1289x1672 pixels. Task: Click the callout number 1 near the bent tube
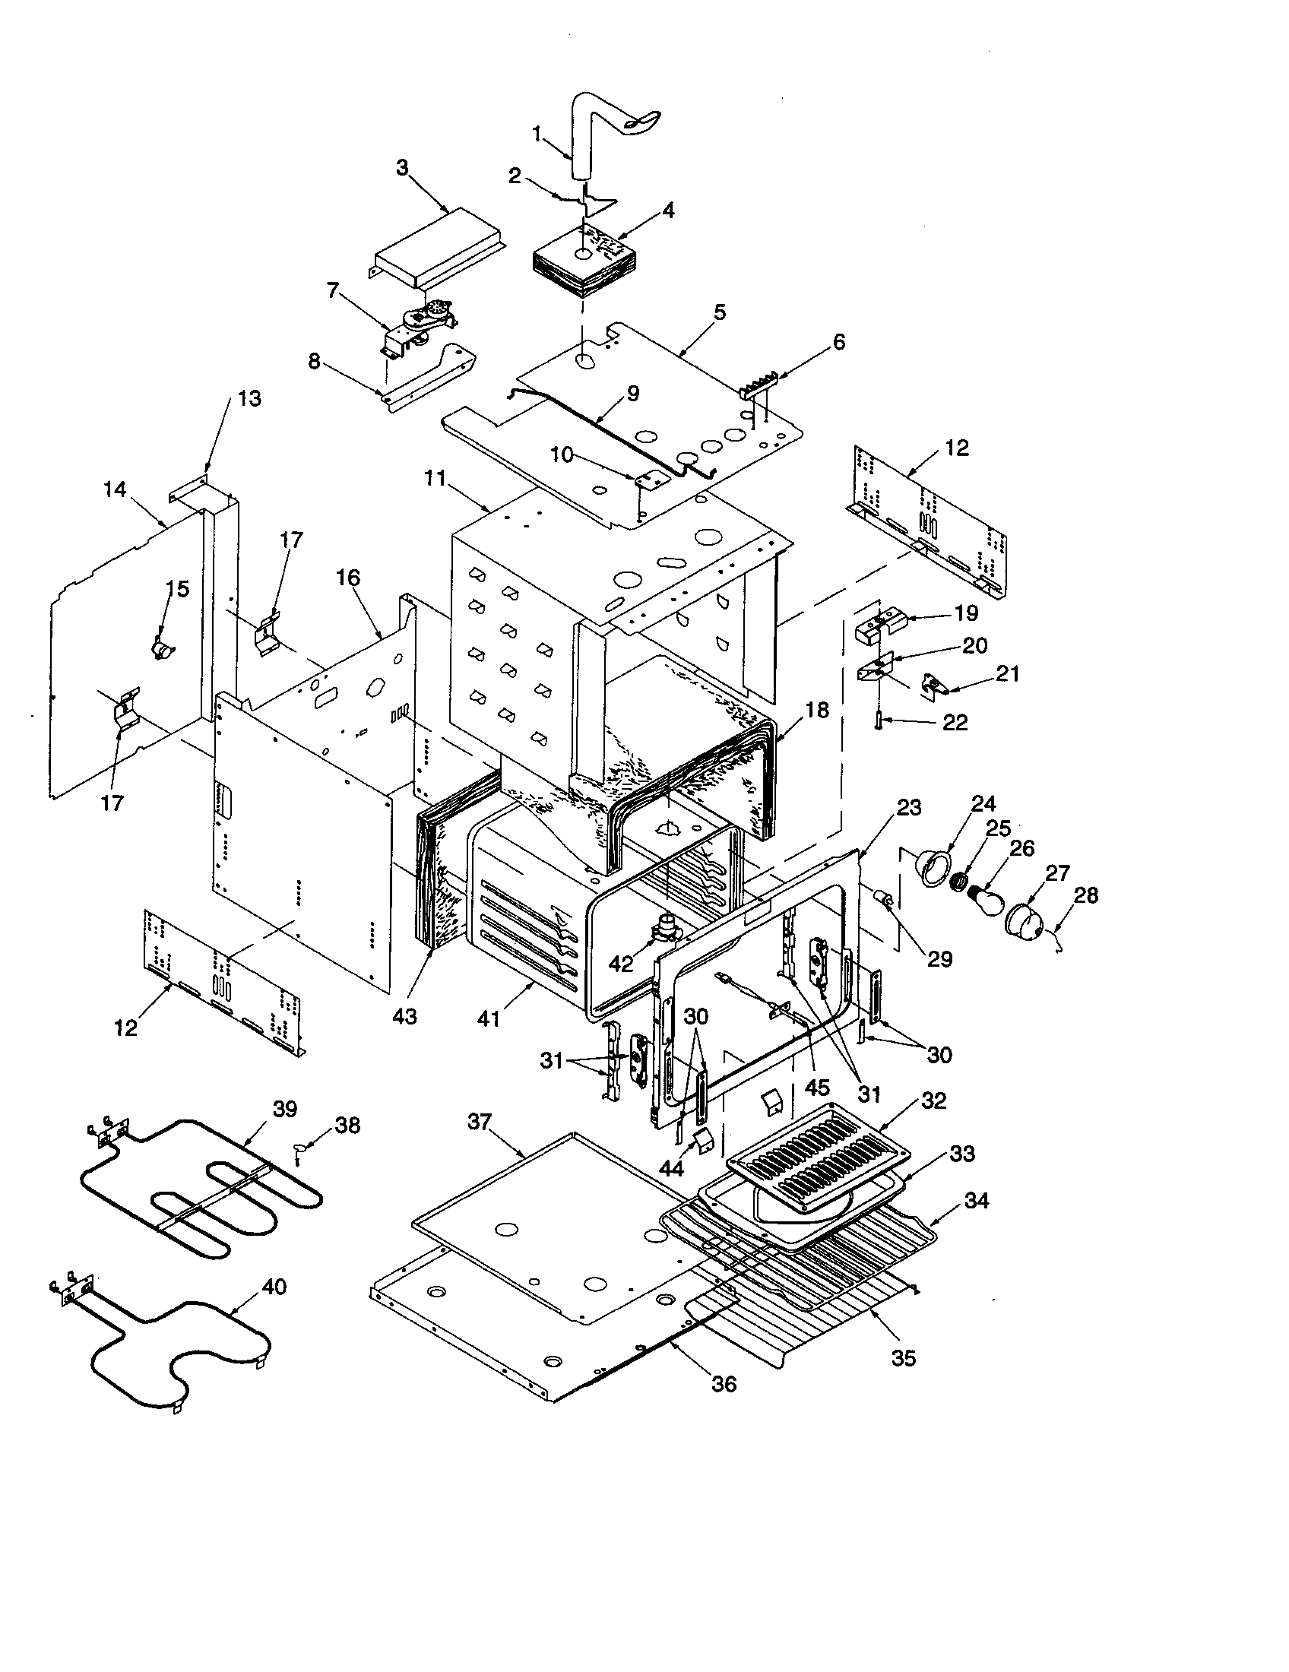tap(538, 135)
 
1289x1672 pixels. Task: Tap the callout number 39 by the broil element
tap(285, 1110)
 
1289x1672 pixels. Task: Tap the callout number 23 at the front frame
tap(910, 807)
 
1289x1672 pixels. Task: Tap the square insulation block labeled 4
tap(583, 264)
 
